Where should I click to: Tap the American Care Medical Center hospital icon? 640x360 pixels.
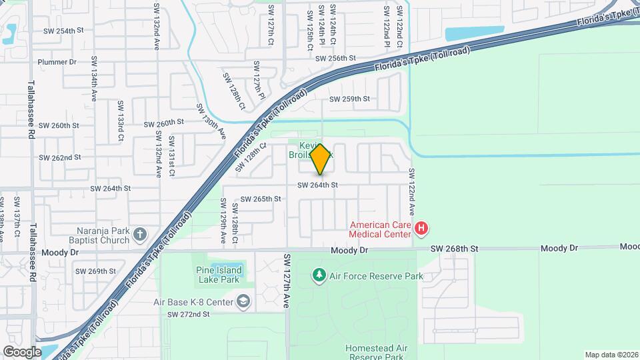421,229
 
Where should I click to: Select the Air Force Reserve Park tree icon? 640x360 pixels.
320,275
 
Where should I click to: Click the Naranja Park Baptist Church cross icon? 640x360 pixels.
139,234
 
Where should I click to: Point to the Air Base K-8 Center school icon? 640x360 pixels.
243,302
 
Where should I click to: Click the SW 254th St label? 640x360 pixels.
63,31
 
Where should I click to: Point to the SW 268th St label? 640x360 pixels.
455,248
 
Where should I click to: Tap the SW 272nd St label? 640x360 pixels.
189,314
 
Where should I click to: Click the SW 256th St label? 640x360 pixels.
336,58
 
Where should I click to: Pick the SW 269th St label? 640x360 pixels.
96,271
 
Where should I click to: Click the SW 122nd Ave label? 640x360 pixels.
412,190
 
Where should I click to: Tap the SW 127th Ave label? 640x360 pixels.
287,280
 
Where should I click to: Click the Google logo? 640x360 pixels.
22,351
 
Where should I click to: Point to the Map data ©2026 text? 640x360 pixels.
611,355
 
